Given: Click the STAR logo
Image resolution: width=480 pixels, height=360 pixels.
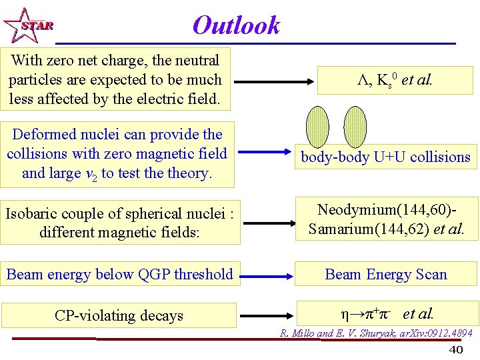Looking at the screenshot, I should pos(27,25).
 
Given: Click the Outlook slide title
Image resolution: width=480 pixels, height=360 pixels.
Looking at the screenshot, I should pos(236,25).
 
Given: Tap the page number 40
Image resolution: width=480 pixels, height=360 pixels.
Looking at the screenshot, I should pos(456,350).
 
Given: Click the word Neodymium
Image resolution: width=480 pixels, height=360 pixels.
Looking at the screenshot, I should pos(356,210).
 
